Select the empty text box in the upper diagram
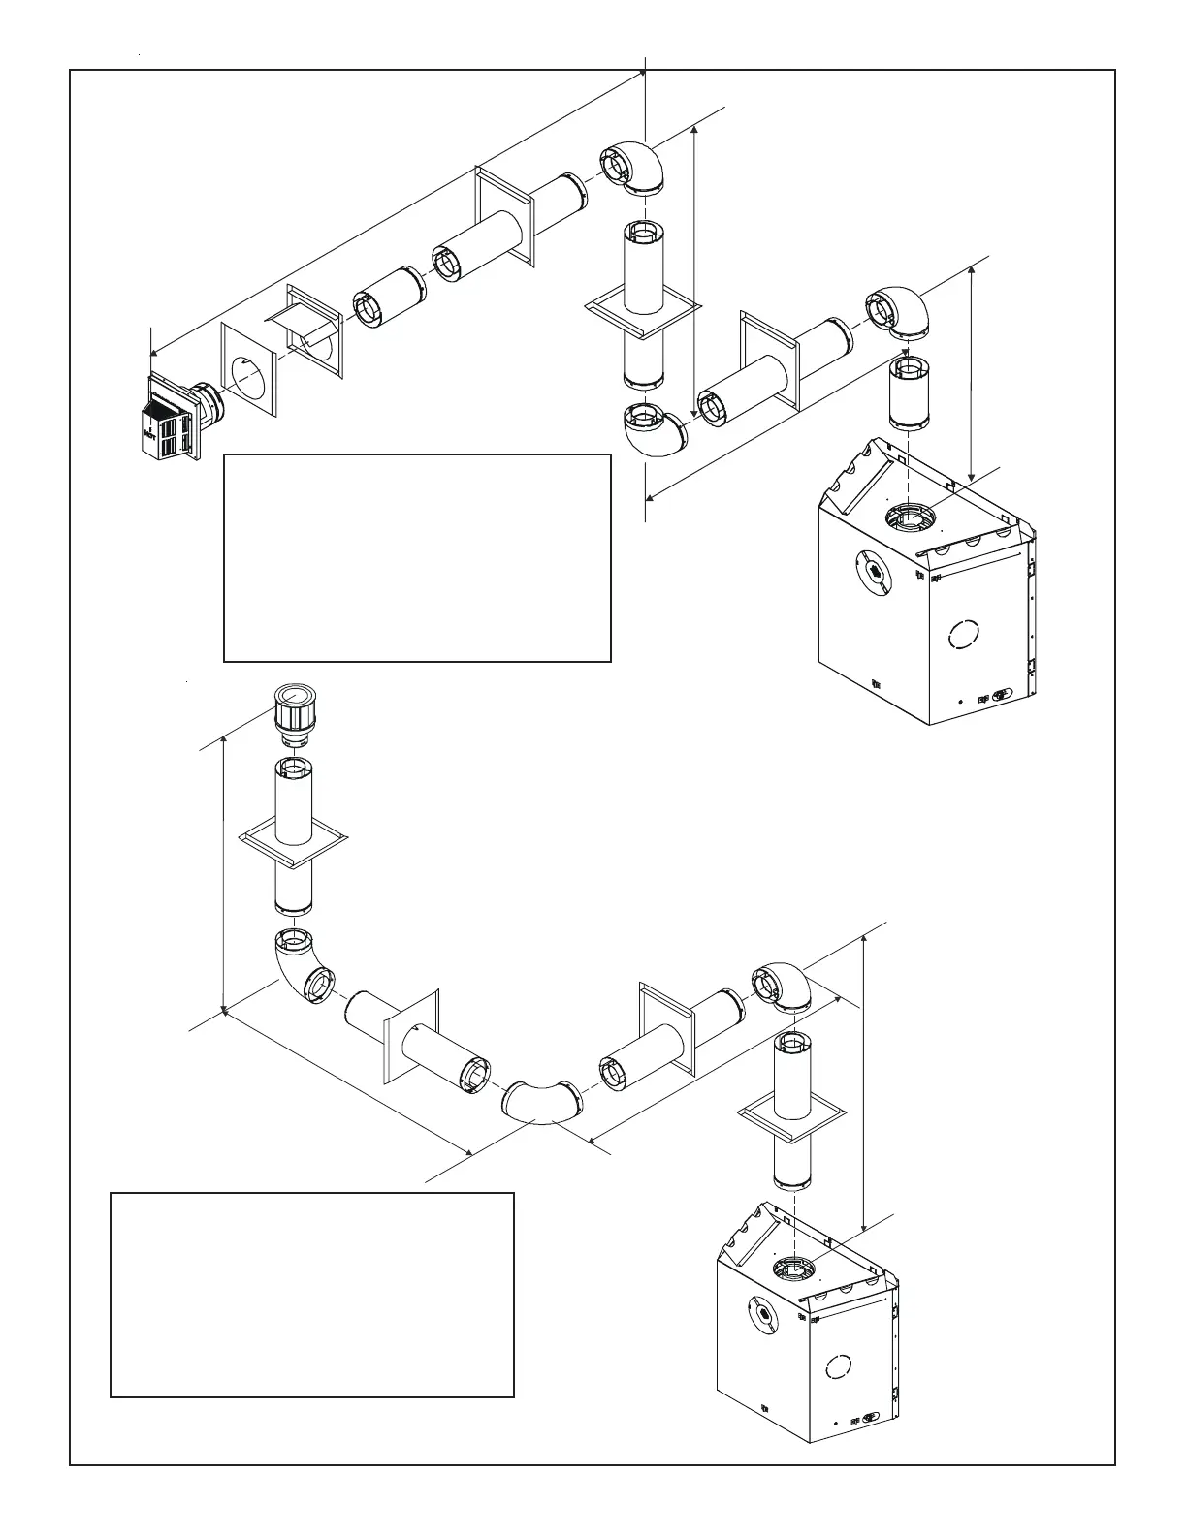(417, 557)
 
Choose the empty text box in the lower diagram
(311, 1295)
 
